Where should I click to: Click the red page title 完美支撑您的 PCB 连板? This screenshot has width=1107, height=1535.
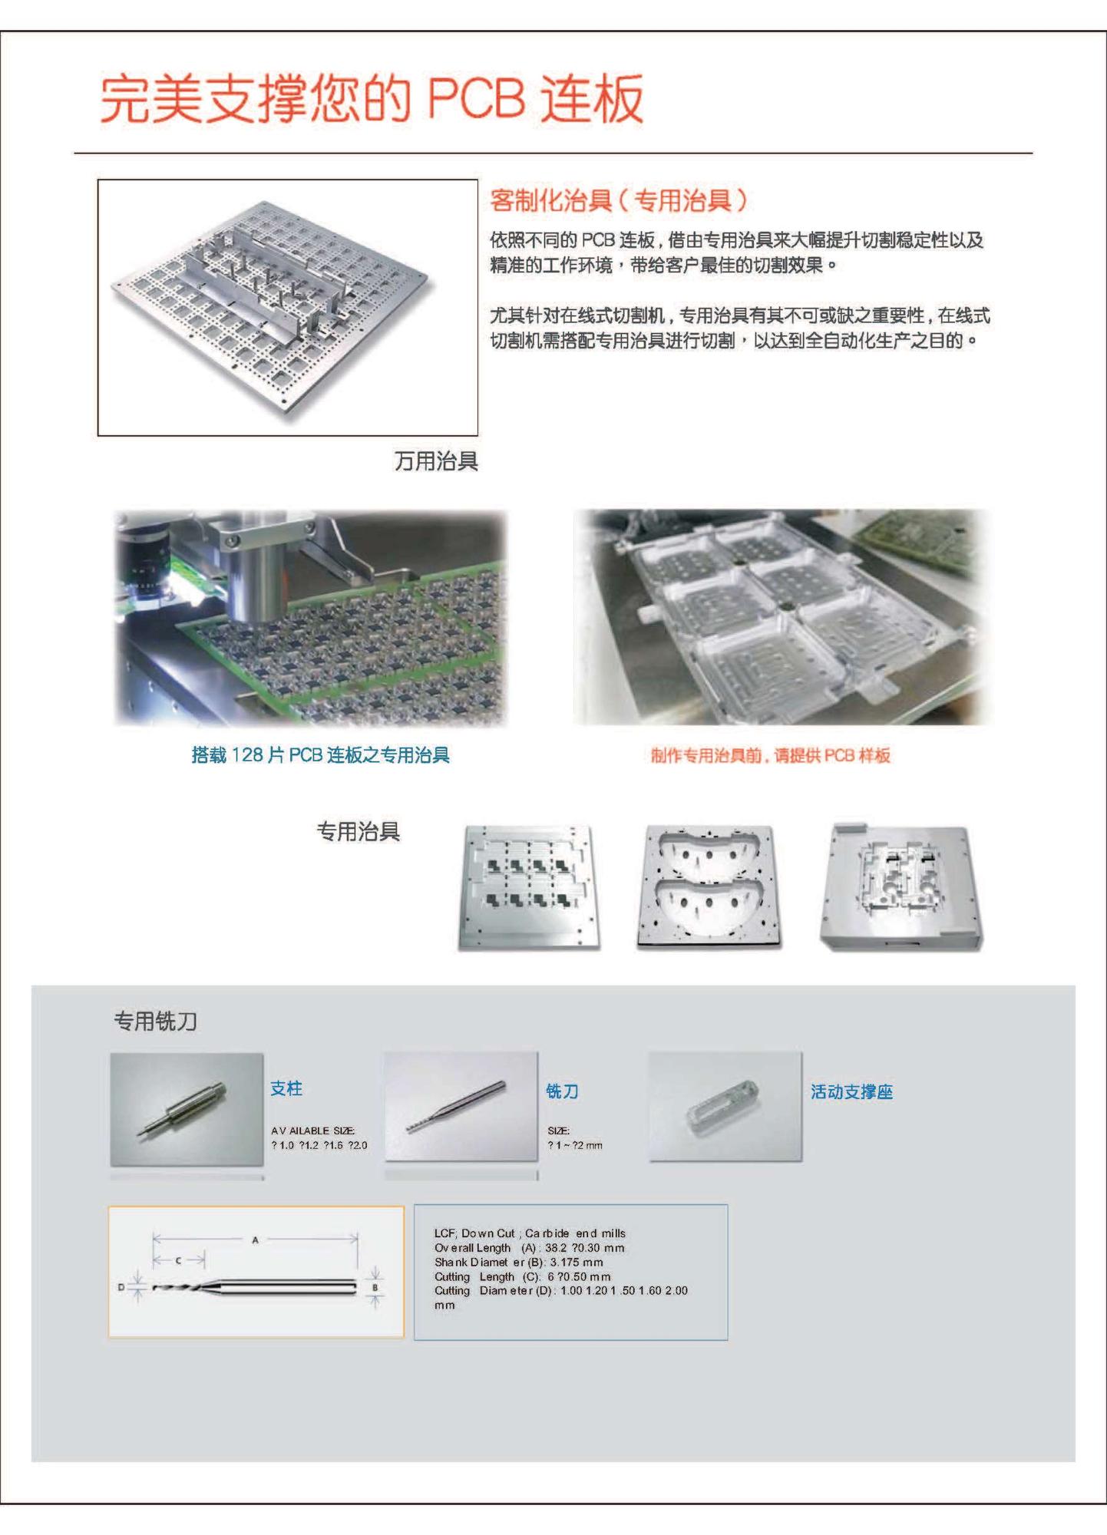click(x=372, y=98)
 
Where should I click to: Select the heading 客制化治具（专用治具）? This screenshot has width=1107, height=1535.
click(x=618, y=201)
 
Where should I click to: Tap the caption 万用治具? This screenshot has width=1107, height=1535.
click(x=436, y=461)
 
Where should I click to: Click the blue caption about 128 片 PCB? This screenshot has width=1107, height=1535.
click(x=320, y=755)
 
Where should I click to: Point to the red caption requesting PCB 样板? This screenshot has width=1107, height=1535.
click(x=770, y=756)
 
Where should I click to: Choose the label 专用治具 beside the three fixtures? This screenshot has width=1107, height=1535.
click(x=359, y=831)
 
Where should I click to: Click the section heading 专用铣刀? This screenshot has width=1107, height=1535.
click(x=156, y=1022)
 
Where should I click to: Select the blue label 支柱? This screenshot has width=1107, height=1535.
click(x=286, y=1088)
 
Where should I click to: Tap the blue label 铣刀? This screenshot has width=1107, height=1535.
click(x=562, y=1091)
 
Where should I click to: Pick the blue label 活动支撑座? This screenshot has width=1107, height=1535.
click(x=851, y=1092)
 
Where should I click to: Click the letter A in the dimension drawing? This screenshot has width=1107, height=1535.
click(x=256, y=1240)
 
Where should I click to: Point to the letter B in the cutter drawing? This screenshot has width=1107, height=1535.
click(x=375, y=1288)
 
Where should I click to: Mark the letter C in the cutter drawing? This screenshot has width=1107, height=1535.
click(x=179, y=1260)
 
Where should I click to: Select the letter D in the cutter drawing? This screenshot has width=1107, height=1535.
click(x=121, y=1287)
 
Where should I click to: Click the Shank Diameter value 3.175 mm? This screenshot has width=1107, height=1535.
click(x=576, y=1263)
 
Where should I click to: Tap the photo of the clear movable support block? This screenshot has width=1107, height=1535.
click(x=725, y=1107)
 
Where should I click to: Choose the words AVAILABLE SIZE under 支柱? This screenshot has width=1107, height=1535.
click(x=312, y=1131)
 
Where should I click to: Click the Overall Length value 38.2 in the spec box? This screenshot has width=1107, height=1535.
click(x=556, y=1248)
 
